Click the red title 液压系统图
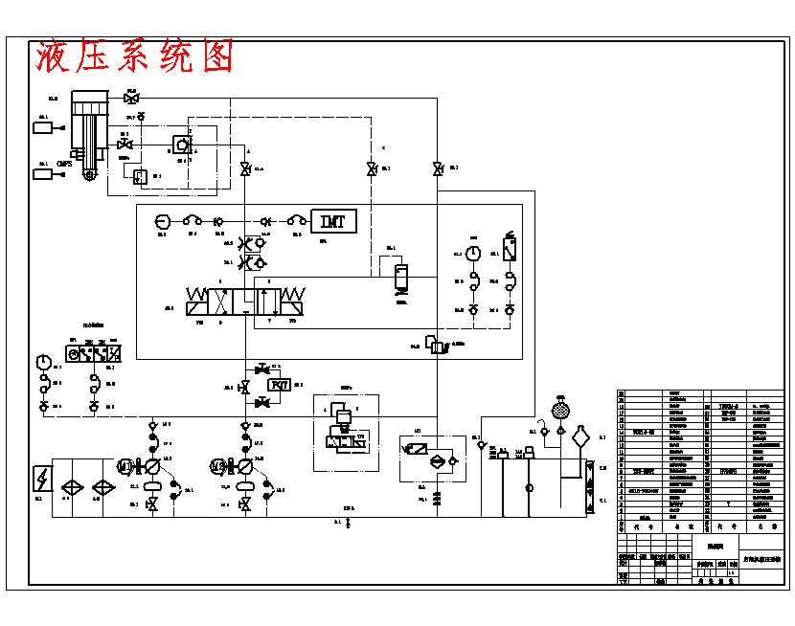coord(134,57)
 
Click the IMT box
coord(332,221)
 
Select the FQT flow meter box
coord(280,384)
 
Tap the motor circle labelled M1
coord(124,466)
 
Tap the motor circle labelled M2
coord(216,466)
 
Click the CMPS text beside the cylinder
coord(65,164)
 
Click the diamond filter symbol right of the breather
coord(580,439)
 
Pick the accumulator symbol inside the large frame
coord(401,277)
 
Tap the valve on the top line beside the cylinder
coord(132,99)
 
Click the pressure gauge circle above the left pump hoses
coord(43,362)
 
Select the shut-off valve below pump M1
coord(152,505)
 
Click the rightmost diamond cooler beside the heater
coord(102,486)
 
